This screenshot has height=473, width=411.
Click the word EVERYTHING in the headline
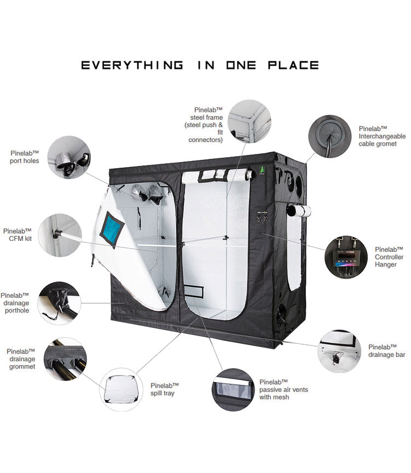[132, 65]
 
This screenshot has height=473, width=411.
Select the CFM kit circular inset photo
[61, 234]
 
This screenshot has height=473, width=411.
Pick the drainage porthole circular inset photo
[59, 303]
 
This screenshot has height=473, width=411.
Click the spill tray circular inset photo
[121, 389]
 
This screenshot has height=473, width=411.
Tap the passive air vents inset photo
[233, 390]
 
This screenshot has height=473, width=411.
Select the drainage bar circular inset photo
[340, 351]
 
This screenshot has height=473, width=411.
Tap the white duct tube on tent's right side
[299, 210]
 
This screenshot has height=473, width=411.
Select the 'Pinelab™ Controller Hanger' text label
[389, 257]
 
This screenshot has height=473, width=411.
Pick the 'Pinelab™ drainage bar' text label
[386, 351]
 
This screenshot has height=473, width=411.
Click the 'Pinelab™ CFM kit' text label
[17, 234]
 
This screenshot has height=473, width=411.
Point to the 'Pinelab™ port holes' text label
[25, 157]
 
